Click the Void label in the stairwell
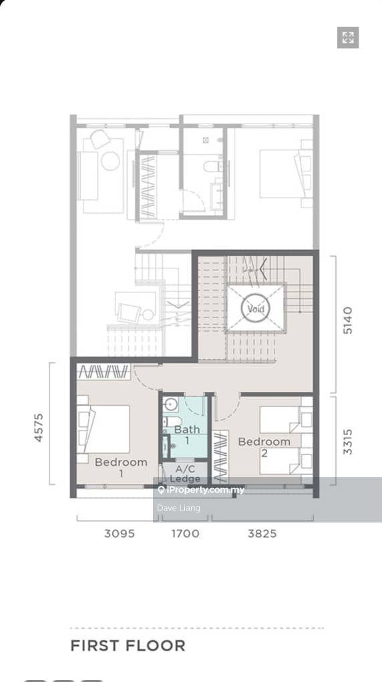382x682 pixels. (x=256, y=309)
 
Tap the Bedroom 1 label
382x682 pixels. (x=121, y=467)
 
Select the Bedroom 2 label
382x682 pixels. (x=264, y=446)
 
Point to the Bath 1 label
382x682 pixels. (x=187, y=434)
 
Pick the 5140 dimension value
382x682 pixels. (x=348, y=320)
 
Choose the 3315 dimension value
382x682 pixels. (x=348, y=442)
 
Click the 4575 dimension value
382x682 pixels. (x=39, y=428)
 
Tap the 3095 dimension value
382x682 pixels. (x=120, y=533)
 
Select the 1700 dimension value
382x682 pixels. (x=186, y=533)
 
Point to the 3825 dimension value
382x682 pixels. (x=262, y=533)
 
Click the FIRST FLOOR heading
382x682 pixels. (x=128, y=645)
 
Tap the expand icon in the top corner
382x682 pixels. (x=348, y=37)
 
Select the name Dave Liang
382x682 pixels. (x=178, y=508)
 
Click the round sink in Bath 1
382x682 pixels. (x=171, y=404)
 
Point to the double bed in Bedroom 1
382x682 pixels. (x=104, y=429)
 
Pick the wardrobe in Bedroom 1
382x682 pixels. (x=104, y=372)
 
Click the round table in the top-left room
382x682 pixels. (x=110, y=161)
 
